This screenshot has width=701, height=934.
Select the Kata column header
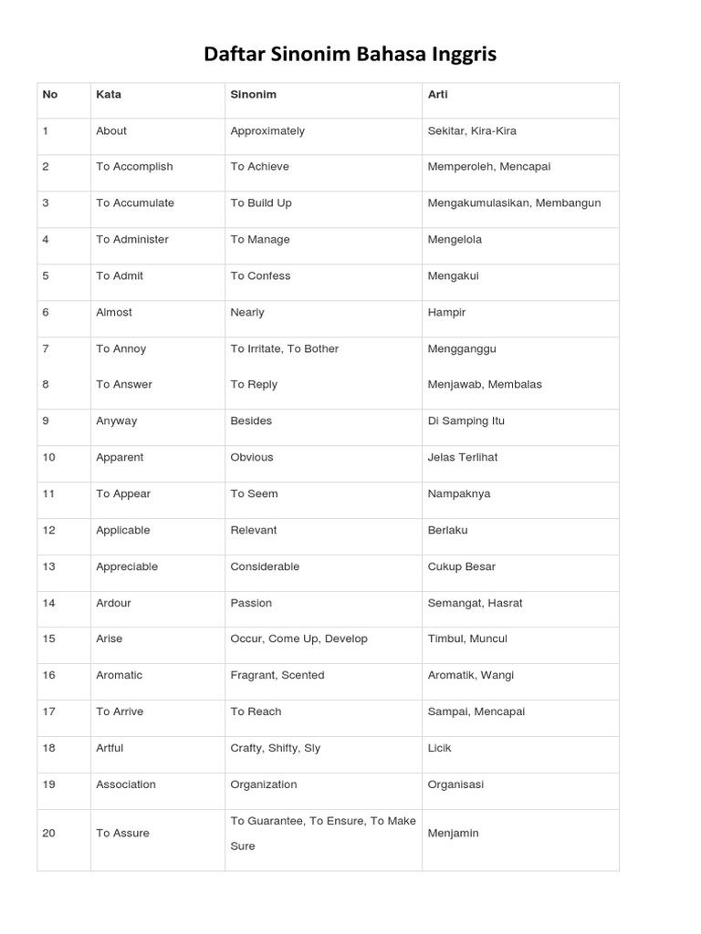pyautogui.click(x=109, y=94)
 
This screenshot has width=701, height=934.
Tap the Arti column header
pyautogui.click(x=437, y=94)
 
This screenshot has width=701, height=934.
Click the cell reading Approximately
pyautogui.click(x=267, y=130)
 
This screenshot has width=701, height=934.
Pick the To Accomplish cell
pyautogui.click(x=134, y=166)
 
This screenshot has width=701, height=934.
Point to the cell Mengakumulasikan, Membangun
pyautogui.click(x=514, y=202)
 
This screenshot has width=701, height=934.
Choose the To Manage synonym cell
pyautogui.click(x=260, y=239)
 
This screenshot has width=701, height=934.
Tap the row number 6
pyautogui.click(x=46, y=312)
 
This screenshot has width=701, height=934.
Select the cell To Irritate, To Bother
pyautogui.click(x=284, y=348)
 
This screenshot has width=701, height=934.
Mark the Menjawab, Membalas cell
pyautogui.click(x=485, y=384)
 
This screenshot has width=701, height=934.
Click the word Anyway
pyautogui.click(x=117, y=420)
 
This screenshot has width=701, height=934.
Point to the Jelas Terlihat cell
pyautogui.click(x=463, y=457)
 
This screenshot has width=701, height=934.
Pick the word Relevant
pyautogui.click(x=254, y=530)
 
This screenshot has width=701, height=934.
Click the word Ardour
pyautogui.click(x=114, y=603)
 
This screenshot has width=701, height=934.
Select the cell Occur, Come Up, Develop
pyautogui.click(x=298, y=638)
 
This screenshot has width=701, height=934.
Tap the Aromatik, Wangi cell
pyautogui.click(x=470, y=675)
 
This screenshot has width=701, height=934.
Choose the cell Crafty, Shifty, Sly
pyautogui.click(x=275, y=748)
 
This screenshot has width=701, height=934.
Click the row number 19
pyautogui.click(x=48, y=784)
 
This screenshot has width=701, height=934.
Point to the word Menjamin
pyautogui.click(x=453, y=833)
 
